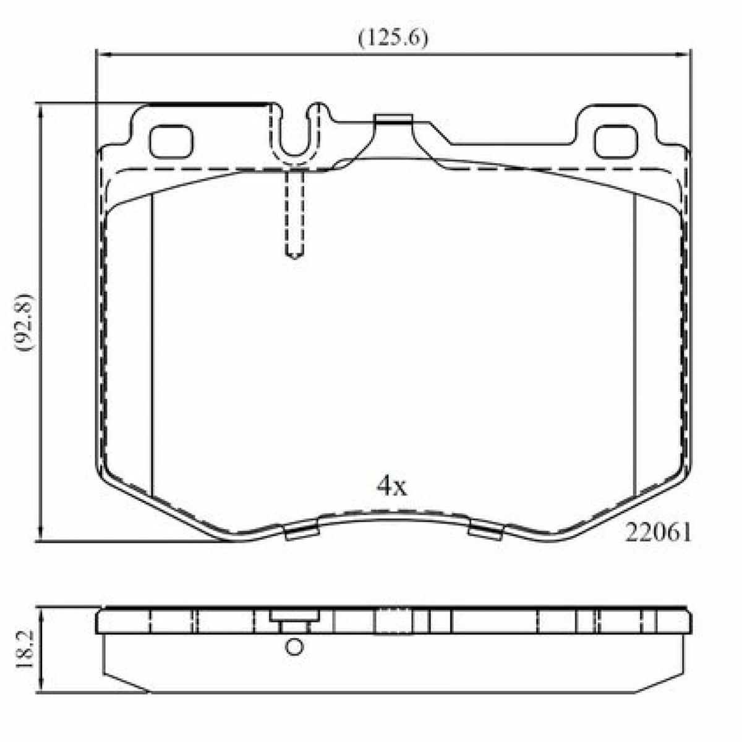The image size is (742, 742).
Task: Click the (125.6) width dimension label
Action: (393, 38)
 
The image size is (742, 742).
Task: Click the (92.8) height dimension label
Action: (24, 322)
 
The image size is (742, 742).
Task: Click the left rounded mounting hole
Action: (171, 142)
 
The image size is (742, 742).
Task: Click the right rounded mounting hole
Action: (616, 142)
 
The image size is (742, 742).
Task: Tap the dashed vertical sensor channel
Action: (294, 215)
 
